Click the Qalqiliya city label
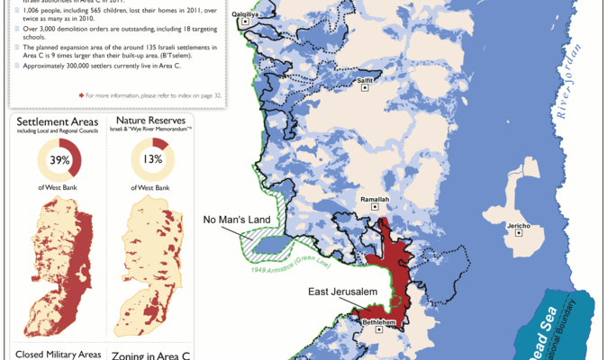click(245, 15)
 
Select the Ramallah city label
click(375, 199)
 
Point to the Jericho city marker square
click(518, 233)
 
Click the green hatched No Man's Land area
click(261, 241)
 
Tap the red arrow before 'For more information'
click(82, 94)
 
